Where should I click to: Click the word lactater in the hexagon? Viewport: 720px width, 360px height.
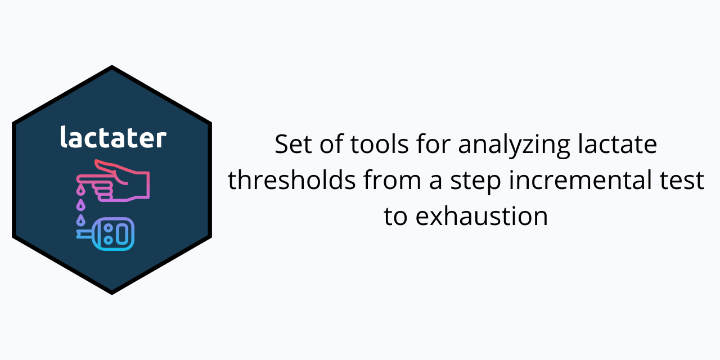coord(113,138)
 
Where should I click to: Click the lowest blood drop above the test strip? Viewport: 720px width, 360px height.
coord(80,219)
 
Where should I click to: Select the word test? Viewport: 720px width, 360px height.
coord(685,181)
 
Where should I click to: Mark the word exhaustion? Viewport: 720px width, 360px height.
coord(482,217)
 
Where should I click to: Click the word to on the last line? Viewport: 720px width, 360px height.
coord(395,217)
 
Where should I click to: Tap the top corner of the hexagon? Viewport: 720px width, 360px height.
coord(112,67)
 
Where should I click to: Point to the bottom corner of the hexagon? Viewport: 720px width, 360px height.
coord(112,292)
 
